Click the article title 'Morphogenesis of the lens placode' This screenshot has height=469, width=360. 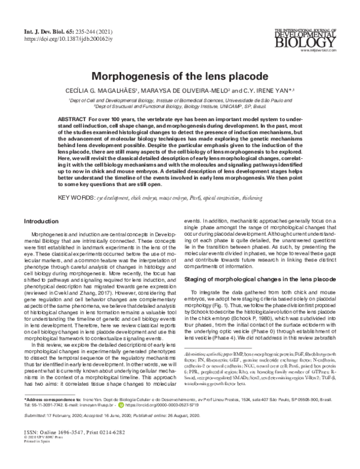tap(180, 77)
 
